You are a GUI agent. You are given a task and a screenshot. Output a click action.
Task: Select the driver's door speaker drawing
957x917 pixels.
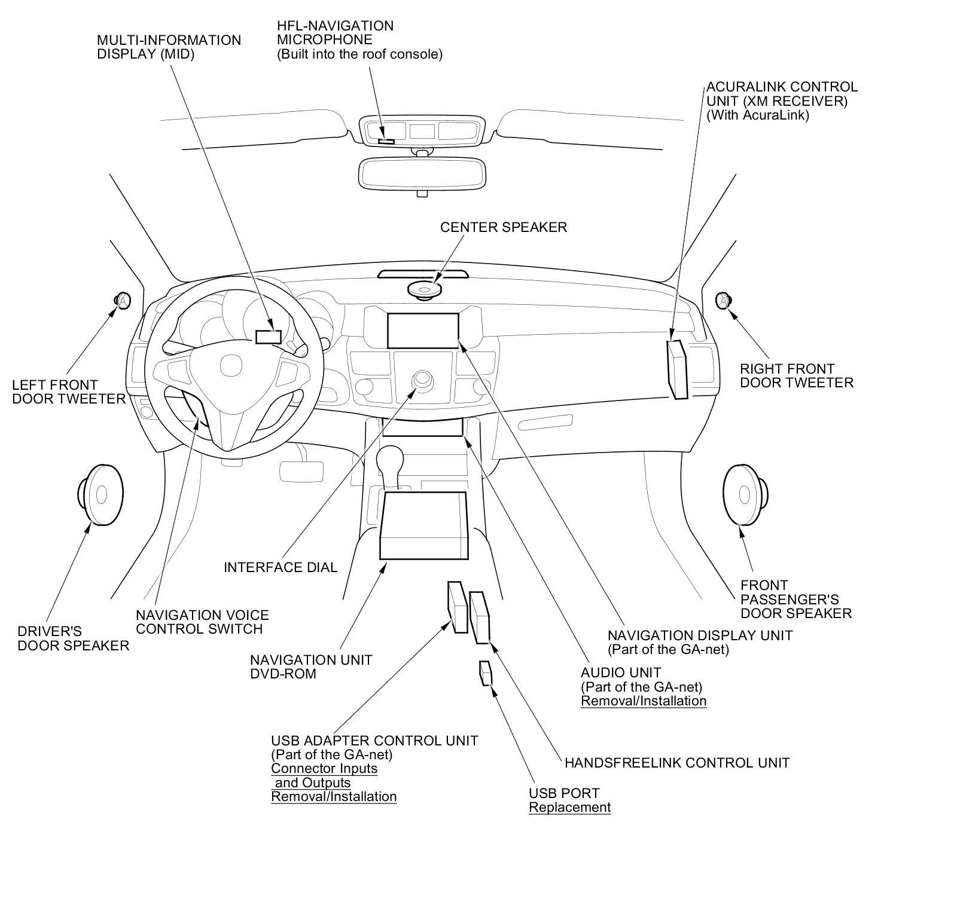[100, 494]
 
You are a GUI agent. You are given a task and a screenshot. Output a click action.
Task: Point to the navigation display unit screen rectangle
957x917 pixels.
[423, 331]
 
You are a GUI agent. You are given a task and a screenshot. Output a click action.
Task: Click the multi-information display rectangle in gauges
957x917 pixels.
[268, 337]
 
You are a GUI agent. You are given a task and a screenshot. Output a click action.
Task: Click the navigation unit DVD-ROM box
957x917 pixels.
[423, 525]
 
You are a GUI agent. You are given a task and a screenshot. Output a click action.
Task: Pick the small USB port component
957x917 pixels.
[486, 673]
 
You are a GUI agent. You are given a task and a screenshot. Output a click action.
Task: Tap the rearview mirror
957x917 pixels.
[422, 173]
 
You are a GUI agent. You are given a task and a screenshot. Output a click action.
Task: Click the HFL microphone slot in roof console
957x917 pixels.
[386, 141]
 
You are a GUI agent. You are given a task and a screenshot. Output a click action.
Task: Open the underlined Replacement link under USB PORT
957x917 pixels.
[569, 808]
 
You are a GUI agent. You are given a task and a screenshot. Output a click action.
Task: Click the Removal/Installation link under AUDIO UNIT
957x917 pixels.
[644, 701]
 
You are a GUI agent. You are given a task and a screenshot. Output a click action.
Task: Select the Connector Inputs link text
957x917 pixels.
[324, 769]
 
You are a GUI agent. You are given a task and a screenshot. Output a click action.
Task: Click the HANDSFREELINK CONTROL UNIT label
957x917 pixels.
[677, 763]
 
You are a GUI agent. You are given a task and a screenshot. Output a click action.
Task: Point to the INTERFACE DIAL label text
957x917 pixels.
[281, 567]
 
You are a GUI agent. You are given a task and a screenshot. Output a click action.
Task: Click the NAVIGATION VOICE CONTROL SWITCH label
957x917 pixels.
[202, 622]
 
